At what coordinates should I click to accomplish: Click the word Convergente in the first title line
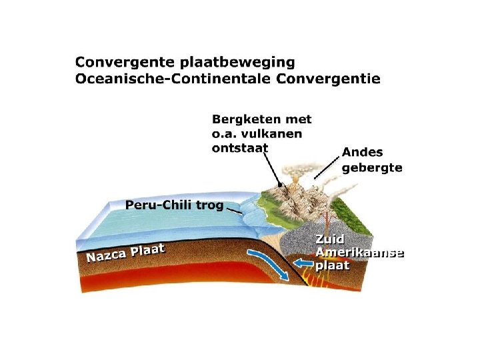pyautogui.click(x=125, y=63)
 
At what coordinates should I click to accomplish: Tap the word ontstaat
pyautogui.click(x=239, y=148)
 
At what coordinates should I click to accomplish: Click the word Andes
pyautogui.click(x=363, y=153)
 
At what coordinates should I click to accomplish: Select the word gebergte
pyautogui.click(x=372, y=168)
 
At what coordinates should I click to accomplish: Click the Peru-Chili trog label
pyautogui.click(x=175, y=205)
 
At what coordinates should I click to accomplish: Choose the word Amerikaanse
pyautogui.click(x=360, y=253)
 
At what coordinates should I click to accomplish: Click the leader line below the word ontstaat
pyautogui.click(x=273, y=167)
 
